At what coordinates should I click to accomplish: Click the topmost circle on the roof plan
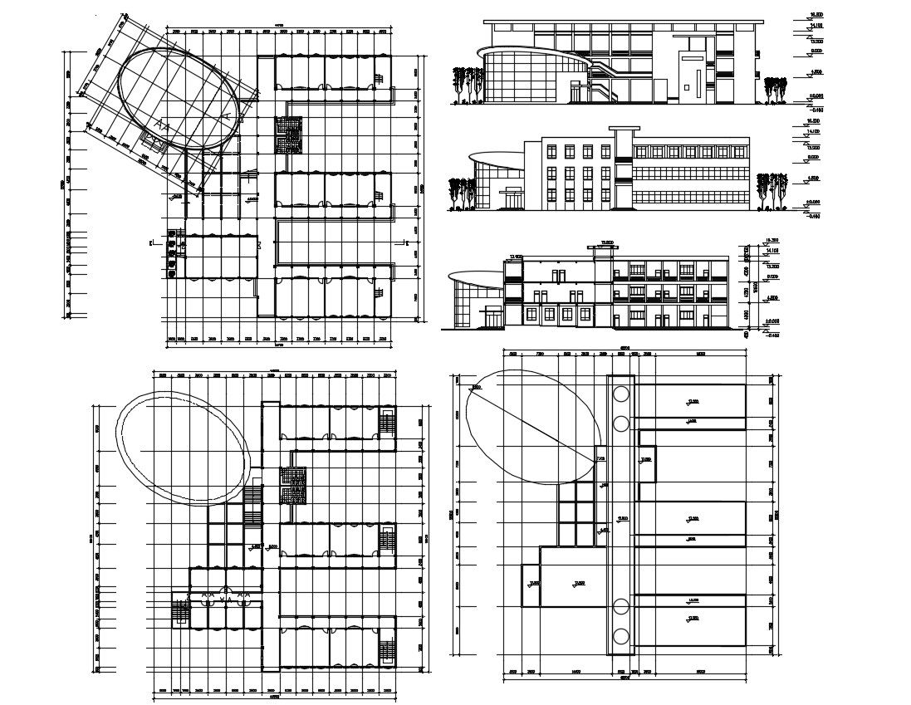click(620, 395)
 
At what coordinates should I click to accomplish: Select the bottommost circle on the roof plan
click(620, 638)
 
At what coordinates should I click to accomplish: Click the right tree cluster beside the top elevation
click(776, 90)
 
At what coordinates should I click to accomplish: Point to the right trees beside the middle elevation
click(771, 189)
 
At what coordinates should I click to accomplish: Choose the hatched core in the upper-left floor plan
click(289, 134)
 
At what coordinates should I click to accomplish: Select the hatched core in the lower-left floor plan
click(292, 486)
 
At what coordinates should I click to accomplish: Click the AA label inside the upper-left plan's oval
click(164, 127)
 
